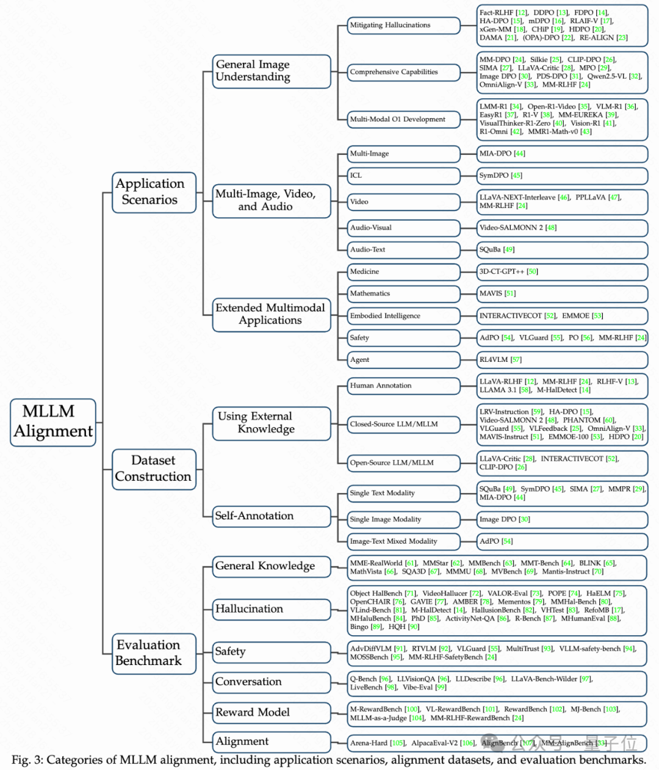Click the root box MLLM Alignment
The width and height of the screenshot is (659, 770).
click(53, 422)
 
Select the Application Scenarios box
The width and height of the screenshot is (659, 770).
click(154, 192)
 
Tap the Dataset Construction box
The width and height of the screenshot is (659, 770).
click(154, 469)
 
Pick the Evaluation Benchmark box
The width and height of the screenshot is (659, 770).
click(154, 653)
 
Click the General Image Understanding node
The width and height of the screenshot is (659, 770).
click(271, 71)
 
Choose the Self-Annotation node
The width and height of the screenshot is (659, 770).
click(271, 516)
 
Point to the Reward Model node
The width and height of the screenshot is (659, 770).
click(271, 712)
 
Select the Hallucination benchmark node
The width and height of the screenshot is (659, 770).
click(271, 609)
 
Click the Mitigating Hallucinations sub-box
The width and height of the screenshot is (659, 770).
click(403, 25)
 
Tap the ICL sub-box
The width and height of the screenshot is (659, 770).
click(403, 176)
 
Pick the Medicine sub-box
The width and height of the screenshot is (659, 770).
click(403, 272)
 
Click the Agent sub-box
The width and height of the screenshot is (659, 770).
click(403, 360)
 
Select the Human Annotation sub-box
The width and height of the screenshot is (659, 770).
click(403, 386)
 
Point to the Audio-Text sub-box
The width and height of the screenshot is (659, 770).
click(403, 250)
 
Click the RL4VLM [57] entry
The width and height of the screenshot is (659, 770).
click(500, 360)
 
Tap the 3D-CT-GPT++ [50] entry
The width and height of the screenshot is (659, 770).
click(508, 272)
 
